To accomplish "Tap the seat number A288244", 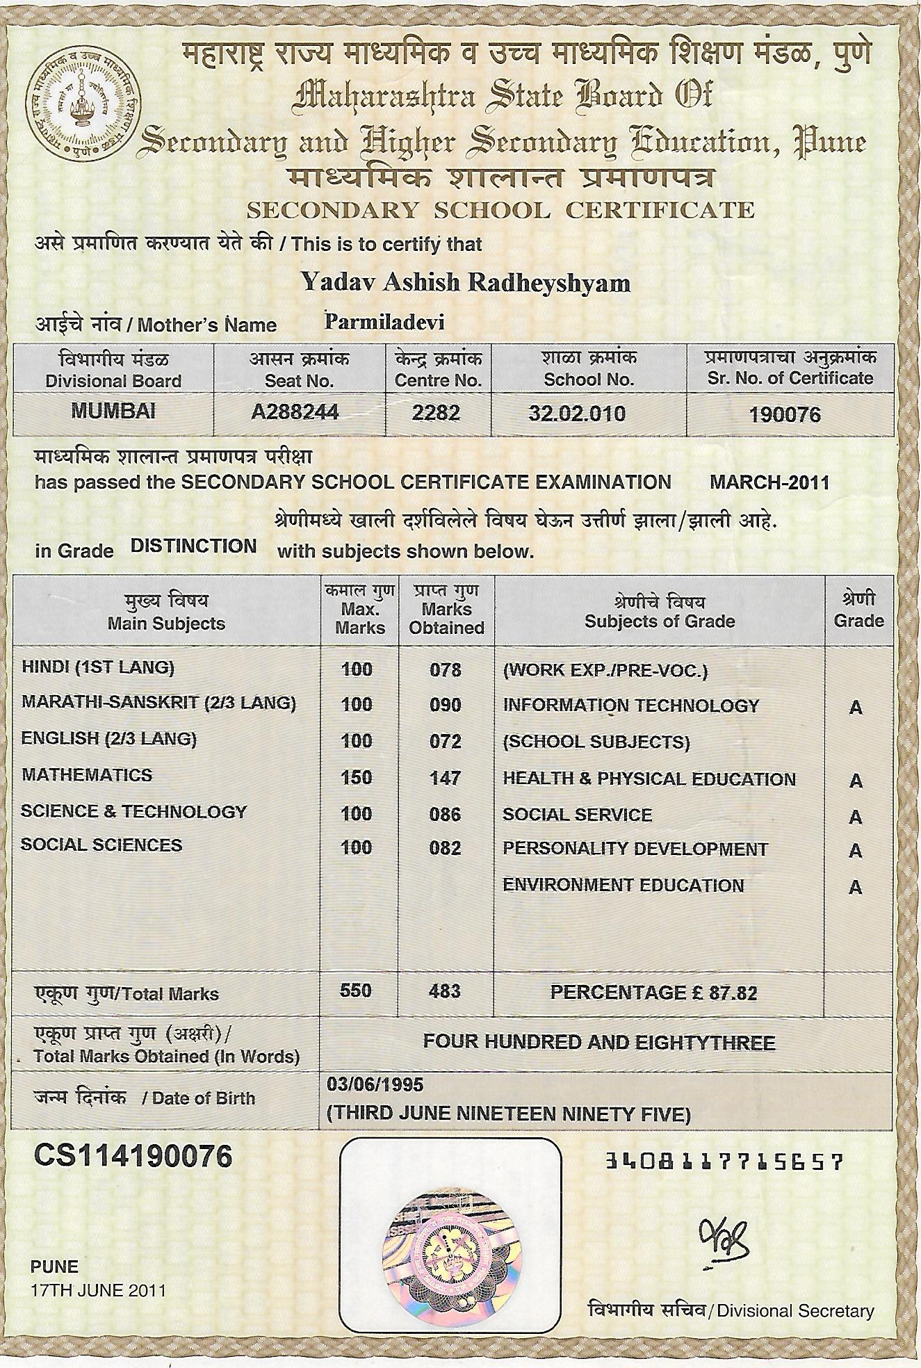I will pyautogui.click(x=295, y=412).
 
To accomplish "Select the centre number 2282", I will pyautogui.click(x=436, y=413).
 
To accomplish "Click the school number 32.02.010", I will pyautogui.click(x=577, y=414).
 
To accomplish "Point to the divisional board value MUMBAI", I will pyautogui.click(x=113, y=411).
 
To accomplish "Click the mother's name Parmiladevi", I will pyautogui.click(x=384, y=322).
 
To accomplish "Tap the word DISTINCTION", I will pyautogui.click(x=194, y=546).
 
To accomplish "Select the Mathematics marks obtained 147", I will pyautogui.click(x=445, y=777).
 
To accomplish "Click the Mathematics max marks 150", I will pyautogui.click(x=357, y=777).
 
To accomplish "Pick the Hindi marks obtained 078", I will pyautogui.click(x=445, y=669).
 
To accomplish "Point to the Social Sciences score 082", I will pyautogui.click(x=445, y=848).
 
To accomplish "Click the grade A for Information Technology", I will pyautogui.click(x=856, y=708).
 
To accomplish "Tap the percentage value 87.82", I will pyautogui.click(x=733, y=993).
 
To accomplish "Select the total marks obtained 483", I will pyautogui.click(x=445, y=991).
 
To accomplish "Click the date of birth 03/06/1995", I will pyautogui.click(x=375, y=1084).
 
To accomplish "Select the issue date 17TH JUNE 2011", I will pyautogui.click(x=98, y=1291).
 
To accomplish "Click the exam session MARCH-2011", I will pyautogui.click(x=769, y=482).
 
